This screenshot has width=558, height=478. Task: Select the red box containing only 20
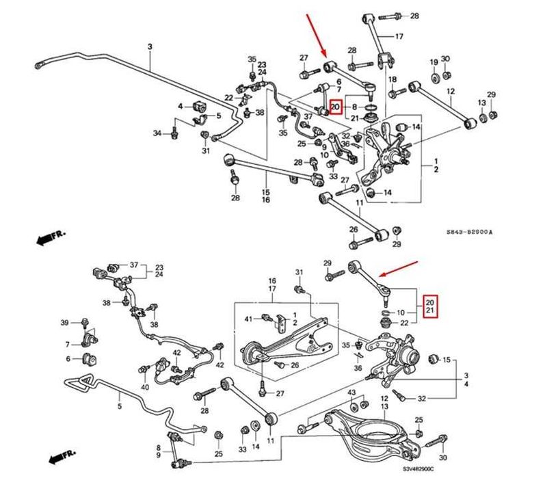(x=334, y=107)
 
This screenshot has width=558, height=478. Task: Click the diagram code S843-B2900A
(x=469, y=233)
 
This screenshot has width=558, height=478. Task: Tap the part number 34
(x=157, y=133)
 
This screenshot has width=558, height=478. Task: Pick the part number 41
(x=248, y=319)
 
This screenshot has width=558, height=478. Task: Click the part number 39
(x=65, y=322)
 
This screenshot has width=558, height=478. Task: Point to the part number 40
(x=144, y=387)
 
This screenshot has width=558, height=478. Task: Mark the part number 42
(x=176, y=353)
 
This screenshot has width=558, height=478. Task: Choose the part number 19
(x=434, y=62)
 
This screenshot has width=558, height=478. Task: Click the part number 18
(x=393, y=80)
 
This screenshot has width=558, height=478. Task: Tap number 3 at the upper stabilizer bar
(x=150, y=47)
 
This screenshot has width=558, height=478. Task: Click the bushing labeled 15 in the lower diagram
(x=432, y=359)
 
